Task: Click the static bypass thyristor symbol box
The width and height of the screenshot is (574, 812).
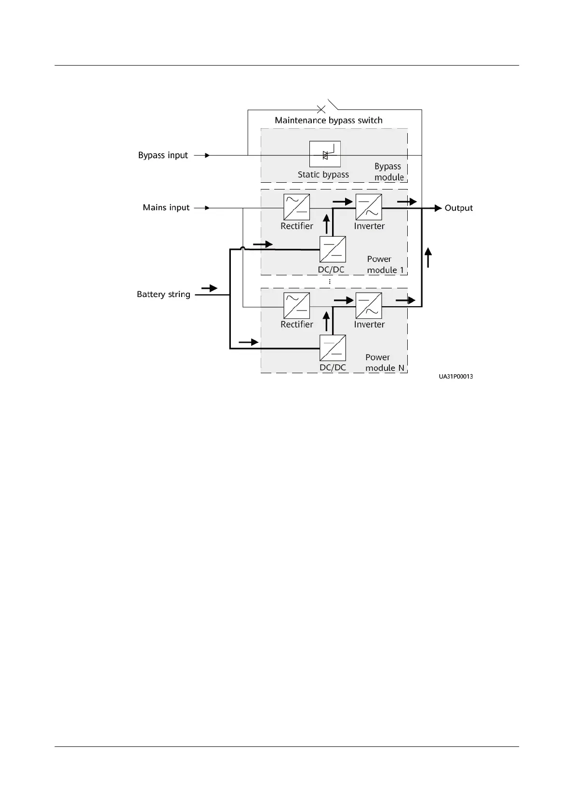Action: click(325, 154)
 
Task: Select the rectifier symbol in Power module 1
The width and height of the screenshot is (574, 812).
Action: click(296, 207)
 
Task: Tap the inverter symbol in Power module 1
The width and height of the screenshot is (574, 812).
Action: click(369, 207)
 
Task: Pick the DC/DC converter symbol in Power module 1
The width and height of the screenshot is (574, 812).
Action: click(333, 249)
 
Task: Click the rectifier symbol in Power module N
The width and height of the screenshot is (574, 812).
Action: click(296, 306)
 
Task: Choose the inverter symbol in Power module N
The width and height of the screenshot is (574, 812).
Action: click(369, 306)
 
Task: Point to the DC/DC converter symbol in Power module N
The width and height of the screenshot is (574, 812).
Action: click(333, 348)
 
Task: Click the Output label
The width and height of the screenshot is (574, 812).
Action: click(458, 208)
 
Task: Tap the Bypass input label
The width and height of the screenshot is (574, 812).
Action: click(163, 156)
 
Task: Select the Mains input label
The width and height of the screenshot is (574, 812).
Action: click(166, 208)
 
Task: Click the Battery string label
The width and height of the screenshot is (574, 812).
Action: click(163, 295)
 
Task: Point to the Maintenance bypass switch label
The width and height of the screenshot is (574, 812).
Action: click(328, 121)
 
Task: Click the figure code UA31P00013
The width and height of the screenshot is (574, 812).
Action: click(455, 377)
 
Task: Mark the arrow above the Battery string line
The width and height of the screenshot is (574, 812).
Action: click(209, 288)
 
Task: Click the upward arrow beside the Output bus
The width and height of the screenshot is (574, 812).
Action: click(428, 257)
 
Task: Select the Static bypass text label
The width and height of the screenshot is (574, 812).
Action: click(323, 175)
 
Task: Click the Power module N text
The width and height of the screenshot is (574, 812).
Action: click(384, 363)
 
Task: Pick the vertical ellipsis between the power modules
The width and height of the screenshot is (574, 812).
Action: click(330, 282)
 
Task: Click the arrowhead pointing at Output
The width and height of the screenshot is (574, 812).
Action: click(438, 208)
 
